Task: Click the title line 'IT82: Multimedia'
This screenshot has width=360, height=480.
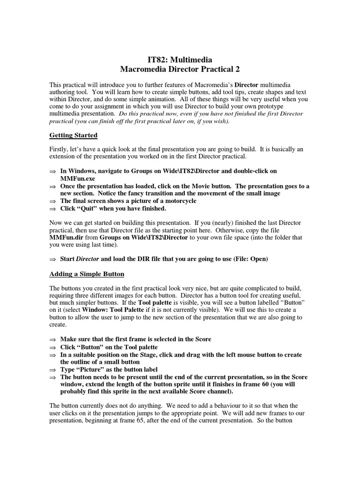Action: pyautogui.click(x=180, y=60)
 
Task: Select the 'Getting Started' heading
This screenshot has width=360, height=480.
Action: pyautogui.click(x=74, y=135)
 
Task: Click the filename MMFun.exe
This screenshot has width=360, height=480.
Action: pyautogui.click(x=77, y=179)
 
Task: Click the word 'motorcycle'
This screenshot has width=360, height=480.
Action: pyautogui.click(x=180, y=201)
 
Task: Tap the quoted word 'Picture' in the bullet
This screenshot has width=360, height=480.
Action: pyautogui.click(x=90, y=369)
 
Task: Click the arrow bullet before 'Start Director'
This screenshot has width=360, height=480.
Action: pyautogui.click(x=52, y=259)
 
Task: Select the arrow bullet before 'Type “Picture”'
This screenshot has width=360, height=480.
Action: pyautogui.click(x=52, y=370)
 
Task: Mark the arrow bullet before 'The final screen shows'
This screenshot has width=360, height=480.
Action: pyautogui.click(x=52, y=201)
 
